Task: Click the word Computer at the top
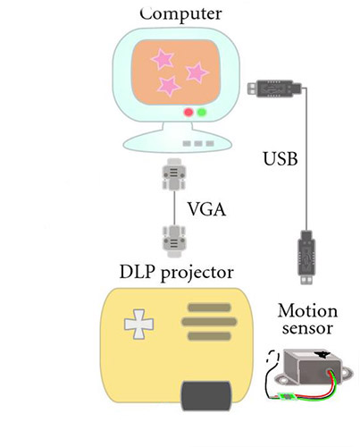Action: pos(180,13)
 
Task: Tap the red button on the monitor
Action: pos(188,113)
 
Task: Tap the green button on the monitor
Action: pos(202,112)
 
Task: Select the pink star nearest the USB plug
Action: pos(197,72)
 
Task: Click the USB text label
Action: pos(280,158)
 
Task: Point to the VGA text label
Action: pos(206,209)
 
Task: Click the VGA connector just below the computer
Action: pos(174,174)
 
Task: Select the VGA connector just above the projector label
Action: pos(174,241)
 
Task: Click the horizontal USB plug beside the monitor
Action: pos(274,88)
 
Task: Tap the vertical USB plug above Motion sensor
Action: pos(306,257)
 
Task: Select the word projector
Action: pos(197,274)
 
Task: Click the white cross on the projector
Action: pos(138,324)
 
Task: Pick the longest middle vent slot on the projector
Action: pos(209,322)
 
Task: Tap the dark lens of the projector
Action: pos(206,395)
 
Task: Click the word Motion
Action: pos(307,311)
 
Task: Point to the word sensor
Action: pos(307,328)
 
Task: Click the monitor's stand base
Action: pos(178,141)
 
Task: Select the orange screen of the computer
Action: pos(176,72)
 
